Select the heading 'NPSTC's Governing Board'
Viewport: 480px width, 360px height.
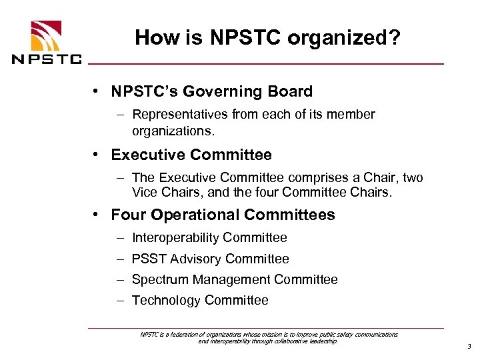tap(211, 91)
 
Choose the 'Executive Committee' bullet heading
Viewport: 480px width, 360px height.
tap(191, 155)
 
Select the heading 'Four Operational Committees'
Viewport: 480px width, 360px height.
tap(223, 215)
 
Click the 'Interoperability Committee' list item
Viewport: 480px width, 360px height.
tap(209, 237)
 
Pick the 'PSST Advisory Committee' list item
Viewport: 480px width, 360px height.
tap(211, 259)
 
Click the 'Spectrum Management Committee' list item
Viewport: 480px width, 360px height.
tap(235, 279)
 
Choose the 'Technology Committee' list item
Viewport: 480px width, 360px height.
tap(200, 300)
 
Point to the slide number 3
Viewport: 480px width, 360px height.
tap(469, 347)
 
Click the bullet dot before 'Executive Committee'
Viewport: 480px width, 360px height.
tap(97, 155)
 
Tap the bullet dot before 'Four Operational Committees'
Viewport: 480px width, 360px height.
tap(97, 215)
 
